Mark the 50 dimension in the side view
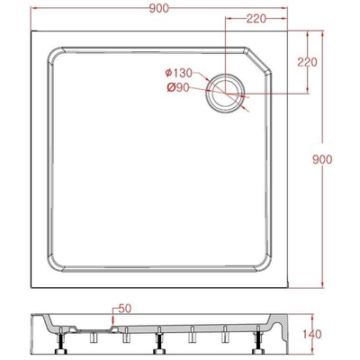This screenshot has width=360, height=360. coord(123,309)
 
